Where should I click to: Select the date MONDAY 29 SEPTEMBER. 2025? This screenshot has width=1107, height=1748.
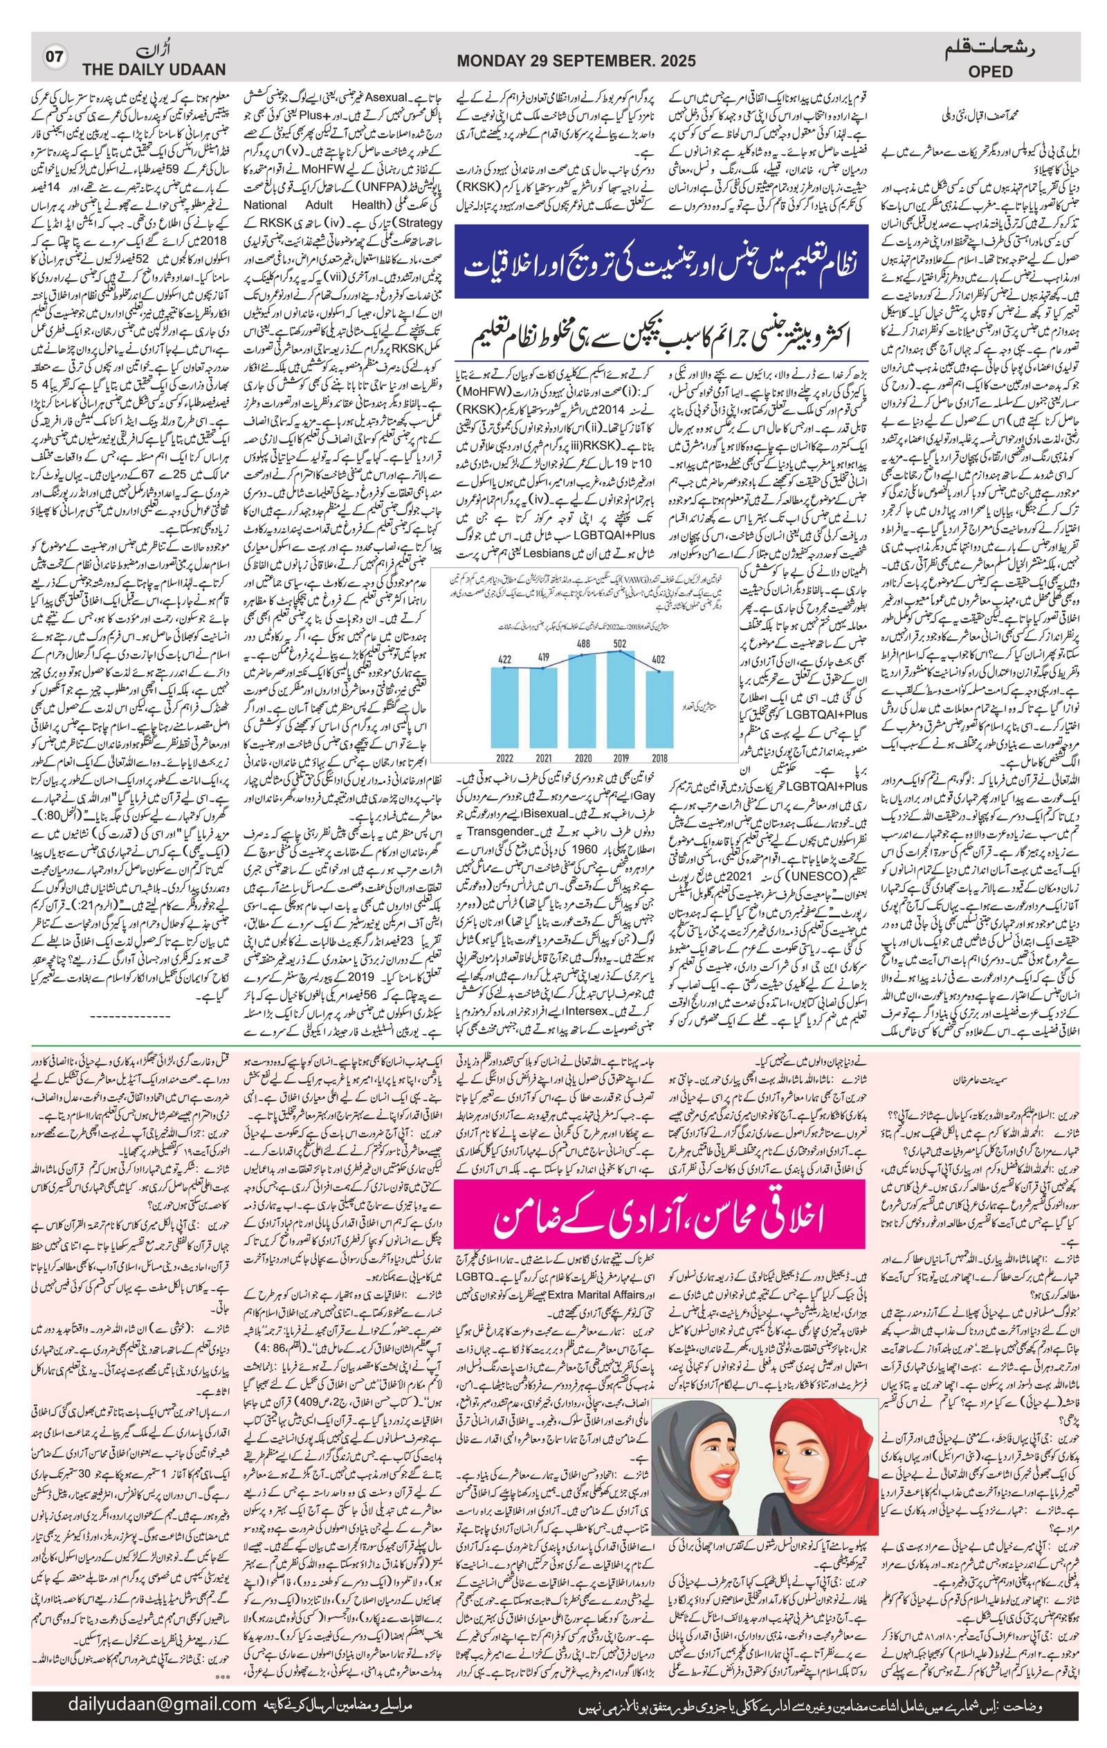tap(576, 62)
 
